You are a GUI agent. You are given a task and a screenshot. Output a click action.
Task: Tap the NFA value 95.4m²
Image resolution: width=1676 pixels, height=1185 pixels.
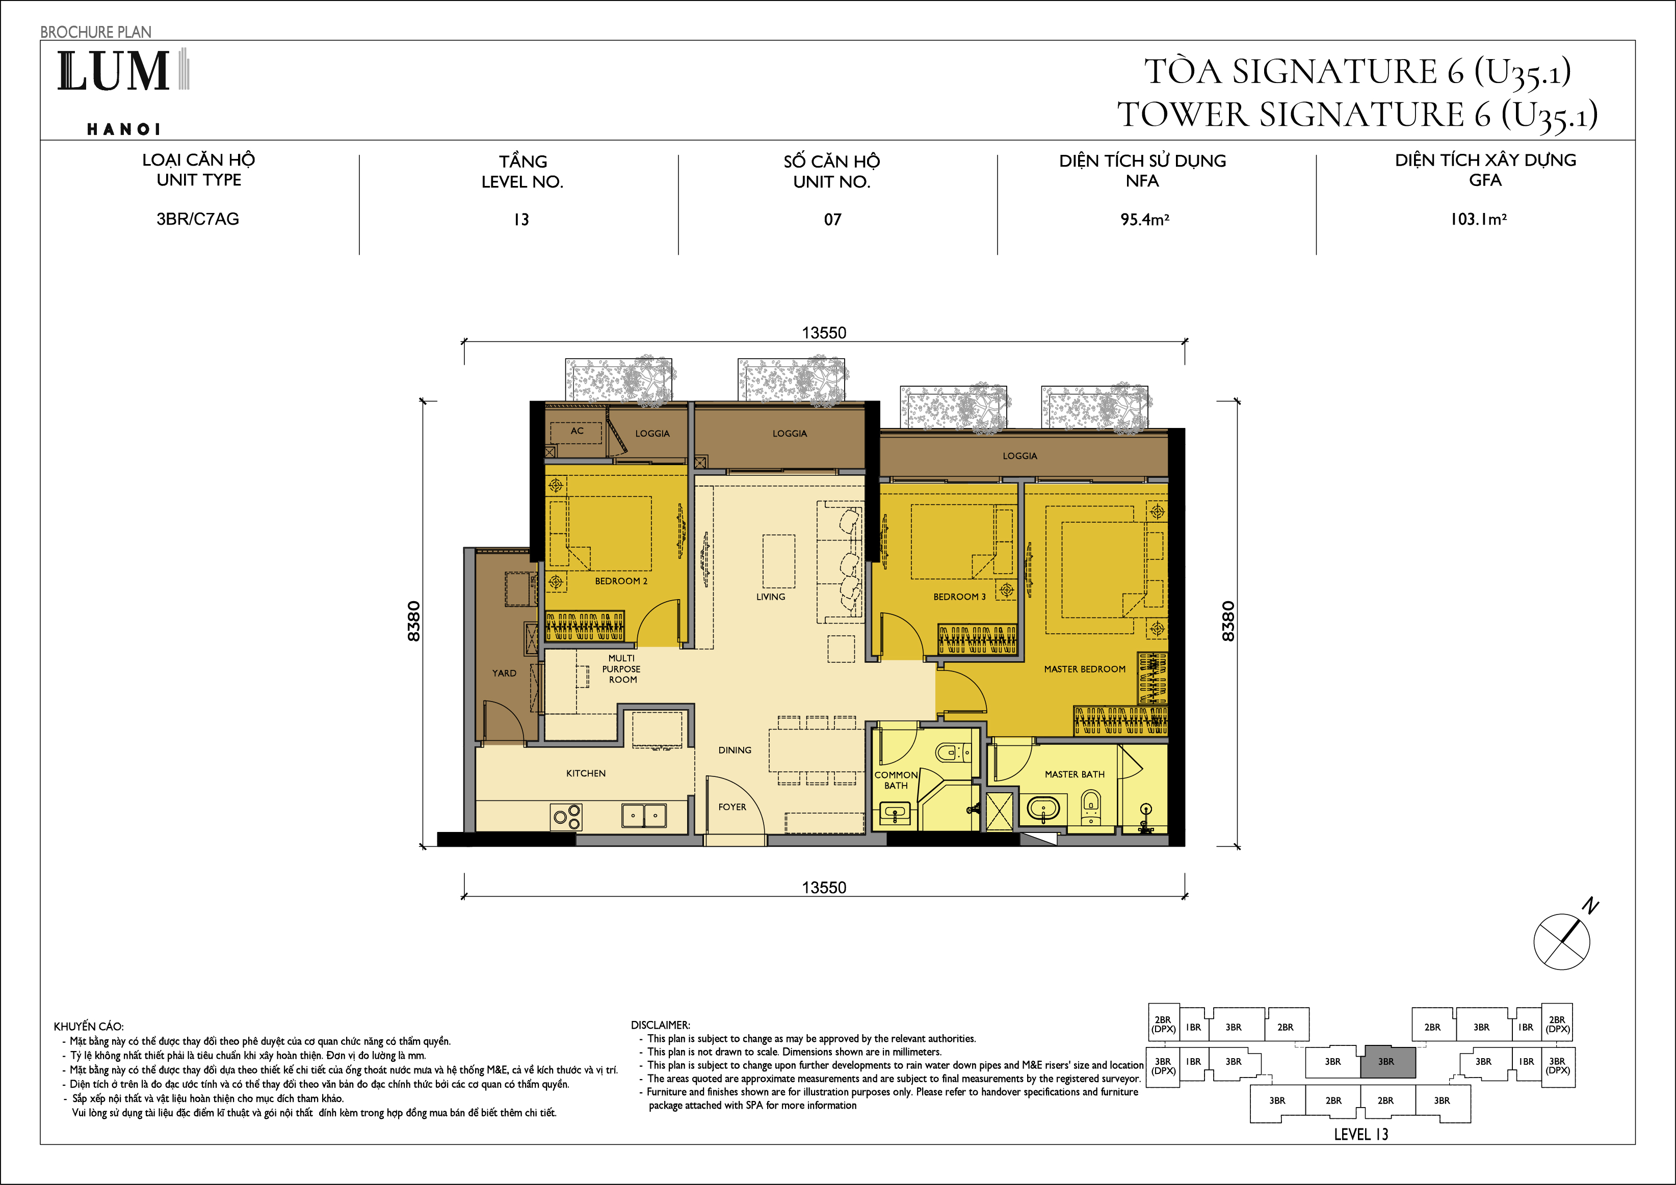pyautogui.click(x=1144, y=219)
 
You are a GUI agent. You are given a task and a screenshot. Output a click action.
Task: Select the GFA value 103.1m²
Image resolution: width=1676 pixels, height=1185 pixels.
pyautogui.click(x=1479, y=219)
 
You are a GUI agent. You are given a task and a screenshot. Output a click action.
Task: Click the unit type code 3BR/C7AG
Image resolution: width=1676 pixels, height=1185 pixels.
pyautogui.click(x=198, y=219)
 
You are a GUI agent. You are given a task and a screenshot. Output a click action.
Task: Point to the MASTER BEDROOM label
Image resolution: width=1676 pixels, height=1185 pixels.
pyautogui.click(x=1085, y=669)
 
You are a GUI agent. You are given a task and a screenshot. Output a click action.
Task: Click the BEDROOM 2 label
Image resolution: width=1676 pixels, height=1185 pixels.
pyautogui.click(x=621, y=581)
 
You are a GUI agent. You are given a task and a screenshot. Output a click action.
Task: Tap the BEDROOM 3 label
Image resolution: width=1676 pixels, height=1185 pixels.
pyautogui.click(x=959, y=597)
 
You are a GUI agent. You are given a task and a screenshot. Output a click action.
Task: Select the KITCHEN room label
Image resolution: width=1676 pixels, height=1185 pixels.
pyautogui.click(x=586, y=773)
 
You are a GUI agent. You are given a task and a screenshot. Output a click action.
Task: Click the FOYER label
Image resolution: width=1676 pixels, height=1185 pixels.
pyautogui.click(x=732, y=807)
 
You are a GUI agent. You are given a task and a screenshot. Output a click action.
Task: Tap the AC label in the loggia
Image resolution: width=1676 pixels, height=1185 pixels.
pyautogui.click(x=577, y=430)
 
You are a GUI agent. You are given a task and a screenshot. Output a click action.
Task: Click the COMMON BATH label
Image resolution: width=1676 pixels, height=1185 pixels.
pyautogui.click(x=897, y=780)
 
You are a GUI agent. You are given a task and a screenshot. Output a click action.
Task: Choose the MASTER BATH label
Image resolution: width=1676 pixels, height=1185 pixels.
pyautogui.click(x=1075, y=774)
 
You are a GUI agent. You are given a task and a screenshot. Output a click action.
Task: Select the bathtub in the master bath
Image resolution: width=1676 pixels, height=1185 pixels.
pyautogui.click(x=1043, y=809)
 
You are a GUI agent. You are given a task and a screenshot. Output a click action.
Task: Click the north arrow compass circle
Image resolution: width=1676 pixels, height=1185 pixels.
pyautogui.click(x=1561, y=941)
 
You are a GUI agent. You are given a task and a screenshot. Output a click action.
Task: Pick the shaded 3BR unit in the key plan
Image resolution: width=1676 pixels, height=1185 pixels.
pyautogui.click(x=1387, y=1062)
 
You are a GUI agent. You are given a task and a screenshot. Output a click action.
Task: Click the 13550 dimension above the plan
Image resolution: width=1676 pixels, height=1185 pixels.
pyautogui.click(x=824, y=333)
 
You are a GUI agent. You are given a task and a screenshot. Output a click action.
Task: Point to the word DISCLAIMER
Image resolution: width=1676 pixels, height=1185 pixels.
pyautogui.click(x=660, y=1025)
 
